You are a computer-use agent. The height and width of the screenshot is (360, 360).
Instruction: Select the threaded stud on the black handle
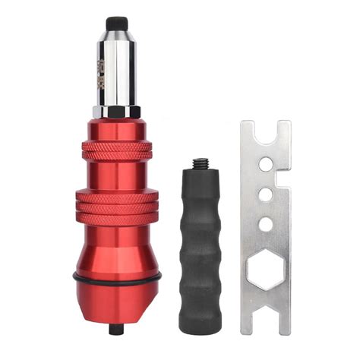[x=201, y=164]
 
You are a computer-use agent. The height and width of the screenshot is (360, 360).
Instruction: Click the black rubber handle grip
[x=201, y=243]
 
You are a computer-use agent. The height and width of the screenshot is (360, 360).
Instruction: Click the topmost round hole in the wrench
[x=265, y=163]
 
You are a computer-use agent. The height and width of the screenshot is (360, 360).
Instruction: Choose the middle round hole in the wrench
[x=265, y=194]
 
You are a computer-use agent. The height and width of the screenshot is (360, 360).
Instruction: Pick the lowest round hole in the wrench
[x=265, y=223]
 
